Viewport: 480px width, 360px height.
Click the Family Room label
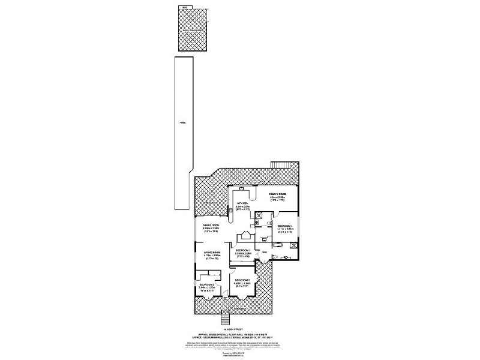(277, 196)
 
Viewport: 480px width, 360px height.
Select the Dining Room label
(211, 225)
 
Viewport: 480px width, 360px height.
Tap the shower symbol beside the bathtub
(295, 245)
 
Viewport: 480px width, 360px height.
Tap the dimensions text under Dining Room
(211, 229)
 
